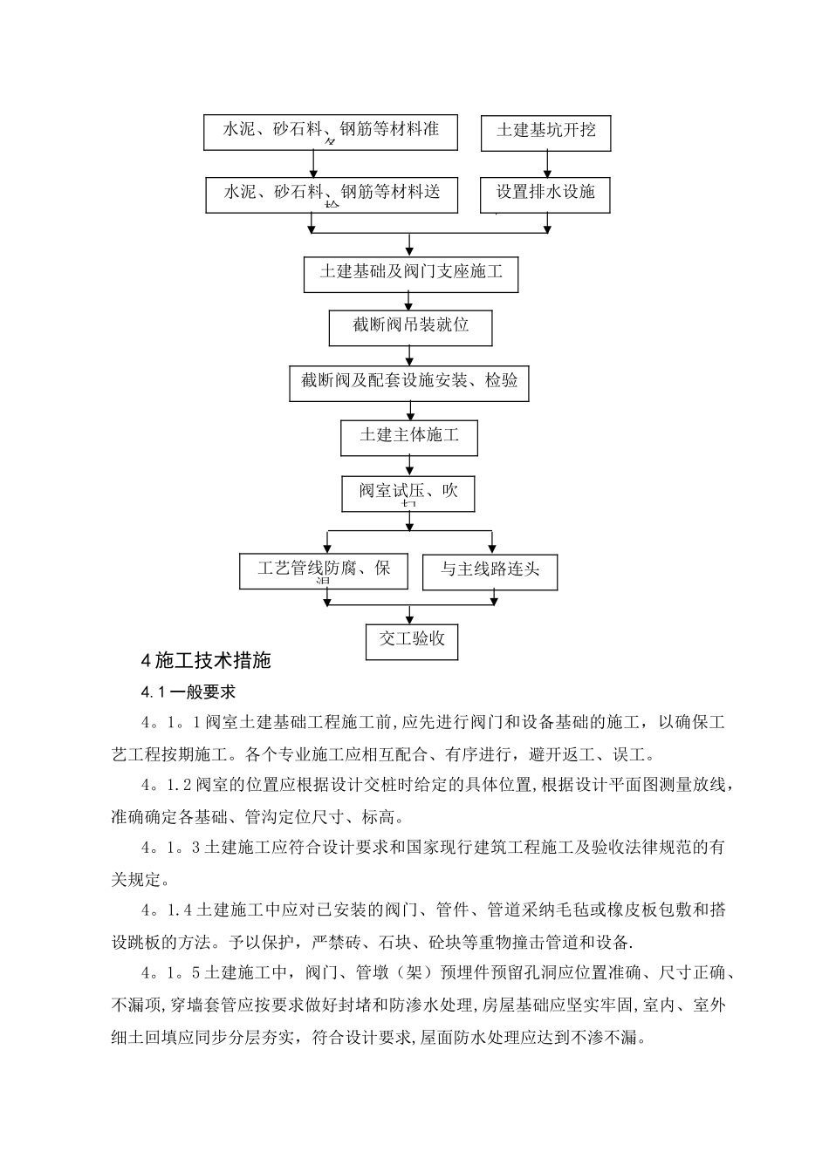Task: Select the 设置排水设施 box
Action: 545,194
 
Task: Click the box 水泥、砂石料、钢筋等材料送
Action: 332,194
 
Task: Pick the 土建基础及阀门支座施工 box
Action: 410,274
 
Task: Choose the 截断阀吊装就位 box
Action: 410,327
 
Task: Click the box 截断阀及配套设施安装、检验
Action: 409,382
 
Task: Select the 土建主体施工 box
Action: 409,436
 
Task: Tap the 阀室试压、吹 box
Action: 409,493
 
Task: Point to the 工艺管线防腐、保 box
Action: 324,570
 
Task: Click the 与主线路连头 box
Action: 490,570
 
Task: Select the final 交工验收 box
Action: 412,640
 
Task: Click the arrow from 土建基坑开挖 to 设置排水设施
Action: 547,164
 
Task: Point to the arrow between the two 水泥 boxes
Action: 313,163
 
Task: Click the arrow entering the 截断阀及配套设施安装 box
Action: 409,356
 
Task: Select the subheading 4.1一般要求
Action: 188,692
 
